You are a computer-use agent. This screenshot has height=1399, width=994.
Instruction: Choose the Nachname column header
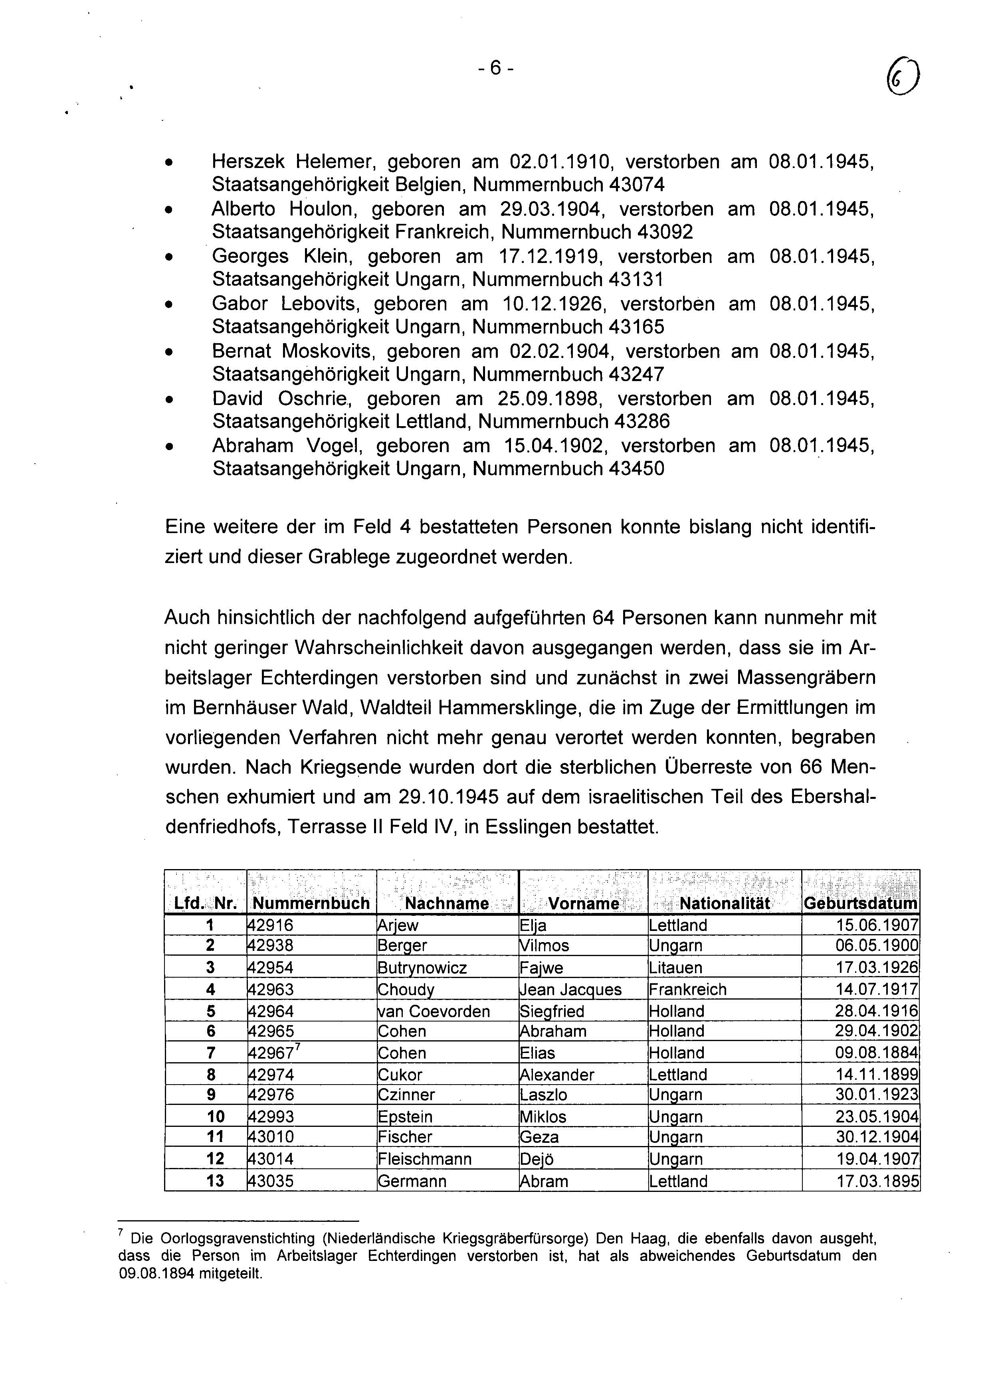447,903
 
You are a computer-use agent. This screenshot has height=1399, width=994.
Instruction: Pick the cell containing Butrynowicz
422,968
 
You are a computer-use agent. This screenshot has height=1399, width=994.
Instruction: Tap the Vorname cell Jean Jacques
570,989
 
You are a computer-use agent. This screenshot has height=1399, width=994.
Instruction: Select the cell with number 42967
271,1053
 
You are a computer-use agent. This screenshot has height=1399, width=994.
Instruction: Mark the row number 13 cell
216,1181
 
